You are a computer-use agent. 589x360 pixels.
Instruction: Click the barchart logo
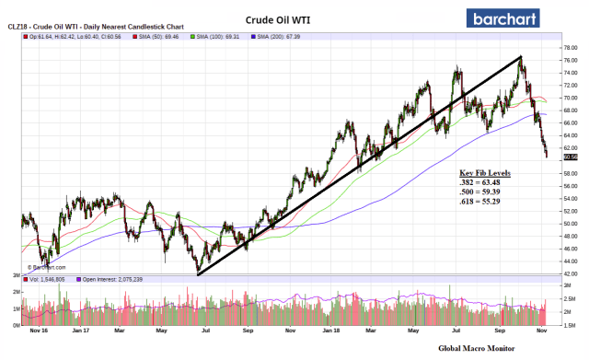click(512, 17)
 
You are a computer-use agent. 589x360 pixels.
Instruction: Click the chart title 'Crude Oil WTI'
click(282, 18)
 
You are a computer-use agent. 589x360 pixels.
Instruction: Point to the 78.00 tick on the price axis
click(571, 46)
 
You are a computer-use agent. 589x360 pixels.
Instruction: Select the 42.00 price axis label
click(571, 274)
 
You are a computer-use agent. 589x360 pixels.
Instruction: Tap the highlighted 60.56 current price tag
click(570, 157)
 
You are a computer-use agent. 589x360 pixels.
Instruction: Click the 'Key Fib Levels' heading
click(485, 173)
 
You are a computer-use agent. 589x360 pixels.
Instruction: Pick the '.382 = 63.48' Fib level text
click(485, 182)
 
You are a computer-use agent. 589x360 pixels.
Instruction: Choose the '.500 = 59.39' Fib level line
click(485, 192)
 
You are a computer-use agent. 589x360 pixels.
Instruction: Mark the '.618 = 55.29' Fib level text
click(485, 203)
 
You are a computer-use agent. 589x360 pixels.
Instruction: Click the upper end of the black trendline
click(521, 57)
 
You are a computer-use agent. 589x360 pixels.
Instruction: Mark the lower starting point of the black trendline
click(197, 274)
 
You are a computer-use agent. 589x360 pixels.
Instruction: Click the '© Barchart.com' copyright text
click(44, 268)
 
